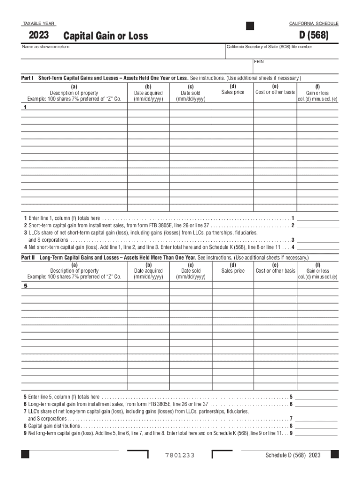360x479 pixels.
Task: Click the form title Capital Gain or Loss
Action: pyautogui.click(x=106, y=36)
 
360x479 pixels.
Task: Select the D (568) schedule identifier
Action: pyautogui.click(x=316, y=36)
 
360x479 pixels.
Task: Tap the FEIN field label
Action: pyautogui.click(x=259, y=62)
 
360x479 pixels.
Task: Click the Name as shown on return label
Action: pyautogui.click(x=46, y=47)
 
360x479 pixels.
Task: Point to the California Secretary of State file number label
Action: pyautogui.click(x=269, y=47)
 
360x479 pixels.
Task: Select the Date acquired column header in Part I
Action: pyautogui.click(x=148, y=93)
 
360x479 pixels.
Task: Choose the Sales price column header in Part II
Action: pyautogui.click(x=233, y=271)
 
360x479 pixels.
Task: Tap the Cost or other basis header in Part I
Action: pyautogui.click(x=275, y=92)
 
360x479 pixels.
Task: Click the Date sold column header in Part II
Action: pyautogui.click(x=191, y=271)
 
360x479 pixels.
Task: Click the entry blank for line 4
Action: pyautogui.click(x=318, y=247)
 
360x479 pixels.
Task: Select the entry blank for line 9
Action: pyautogui.click(x=316, y=433)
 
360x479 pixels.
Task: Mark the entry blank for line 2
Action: pyautogui.click(x=318, y=225)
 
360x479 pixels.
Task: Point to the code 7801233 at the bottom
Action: pyautogui.click(x=180, y=456)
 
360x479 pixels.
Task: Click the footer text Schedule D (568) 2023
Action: pyautogui.click(x=293, y=455)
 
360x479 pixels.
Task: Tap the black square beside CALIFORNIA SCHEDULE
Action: pyautogui.click(x=250, y=26)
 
